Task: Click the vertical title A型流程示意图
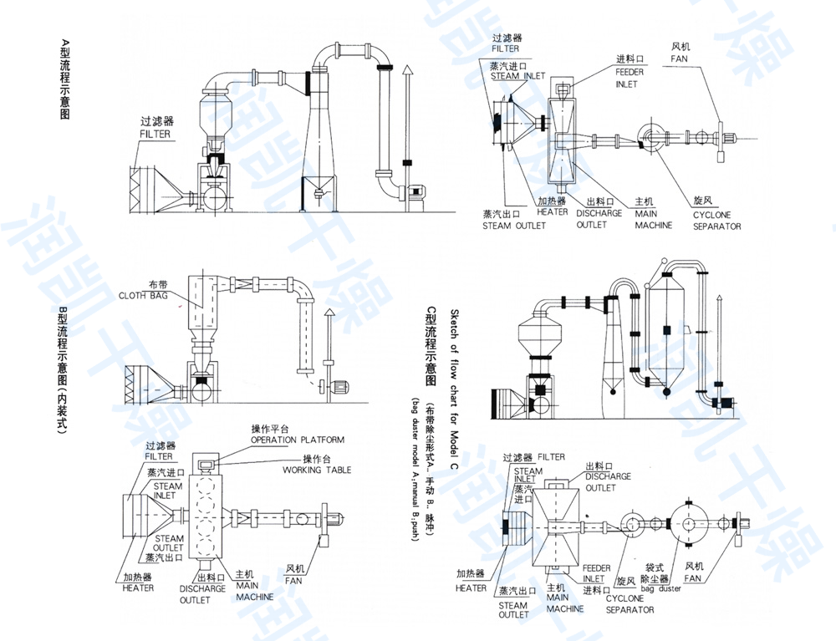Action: coord(65,79)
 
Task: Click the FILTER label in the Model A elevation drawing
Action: coord(155,134)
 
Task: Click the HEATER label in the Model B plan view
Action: coord(138,588)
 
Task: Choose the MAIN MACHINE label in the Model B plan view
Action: coord(254,586)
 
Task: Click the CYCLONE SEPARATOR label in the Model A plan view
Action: coord(716,220)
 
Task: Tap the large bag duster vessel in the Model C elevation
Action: coord(675,330)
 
